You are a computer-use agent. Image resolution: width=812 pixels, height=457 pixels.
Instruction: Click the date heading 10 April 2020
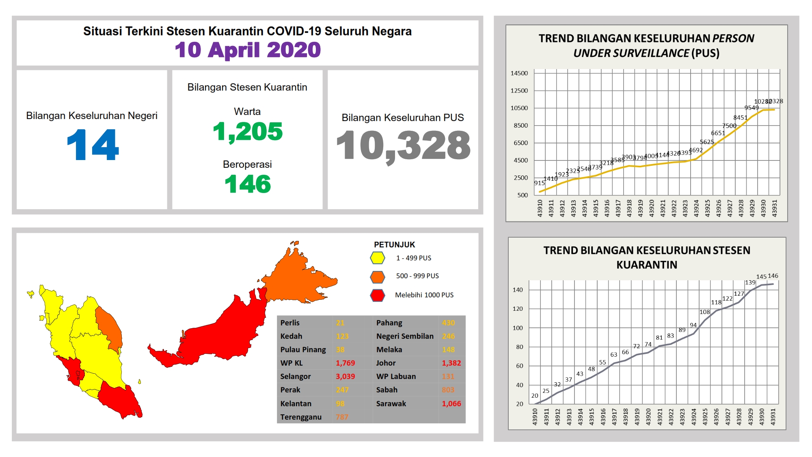[x=248, y=50]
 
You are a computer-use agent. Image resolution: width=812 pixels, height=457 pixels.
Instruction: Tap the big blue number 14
[x=93, y=145]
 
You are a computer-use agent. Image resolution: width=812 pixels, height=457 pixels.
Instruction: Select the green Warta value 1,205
[x=248, y=132]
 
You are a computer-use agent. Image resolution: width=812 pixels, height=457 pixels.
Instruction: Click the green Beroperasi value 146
[x=248, y=184]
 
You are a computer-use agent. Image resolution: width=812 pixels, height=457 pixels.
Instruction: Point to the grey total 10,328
[x=403, y=145]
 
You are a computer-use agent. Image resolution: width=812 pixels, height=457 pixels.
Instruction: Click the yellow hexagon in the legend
[x=378, y=258]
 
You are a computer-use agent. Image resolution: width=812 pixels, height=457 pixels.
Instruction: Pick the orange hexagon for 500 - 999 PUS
[x=378, y=277]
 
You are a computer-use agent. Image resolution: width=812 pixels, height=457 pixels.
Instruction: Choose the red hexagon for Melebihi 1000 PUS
[x=378, y=295]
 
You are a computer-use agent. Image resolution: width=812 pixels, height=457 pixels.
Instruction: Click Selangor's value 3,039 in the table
[x=345, y=377]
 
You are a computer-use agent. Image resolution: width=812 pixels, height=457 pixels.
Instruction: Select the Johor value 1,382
[x=451, y=363]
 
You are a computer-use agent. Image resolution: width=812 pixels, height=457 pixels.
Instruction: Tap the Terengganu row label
[x=301, y=417]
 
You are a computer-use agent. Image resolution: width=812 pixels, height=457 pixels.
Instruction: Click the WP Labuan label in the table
[x=396, y=377]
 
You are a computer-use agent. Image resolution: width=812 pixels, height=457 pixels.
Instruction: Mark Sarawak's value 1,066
[x=451, y=404]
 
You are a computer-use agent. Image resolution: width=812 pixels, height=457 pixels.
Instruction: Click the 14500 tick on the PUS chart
[x=519, y=74]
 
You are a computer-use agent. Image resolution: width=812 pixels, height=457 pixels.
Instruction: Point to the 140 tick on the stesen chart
[x=518, y=290]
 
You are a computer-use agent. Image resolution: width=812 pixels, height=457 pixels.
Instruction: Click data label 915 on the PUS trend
[x=539, y=183]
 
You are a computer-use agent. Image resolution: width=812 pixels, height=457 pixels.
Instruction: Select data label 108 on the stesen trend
[x=705, y=312]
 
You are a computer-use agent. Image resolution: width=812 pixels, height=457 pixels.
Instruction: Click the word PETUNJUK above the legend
[x=394, y=245]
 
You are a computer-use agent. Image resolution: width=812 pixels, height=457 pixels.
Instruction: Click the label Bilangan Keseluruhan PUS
[x=403, y=118]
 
